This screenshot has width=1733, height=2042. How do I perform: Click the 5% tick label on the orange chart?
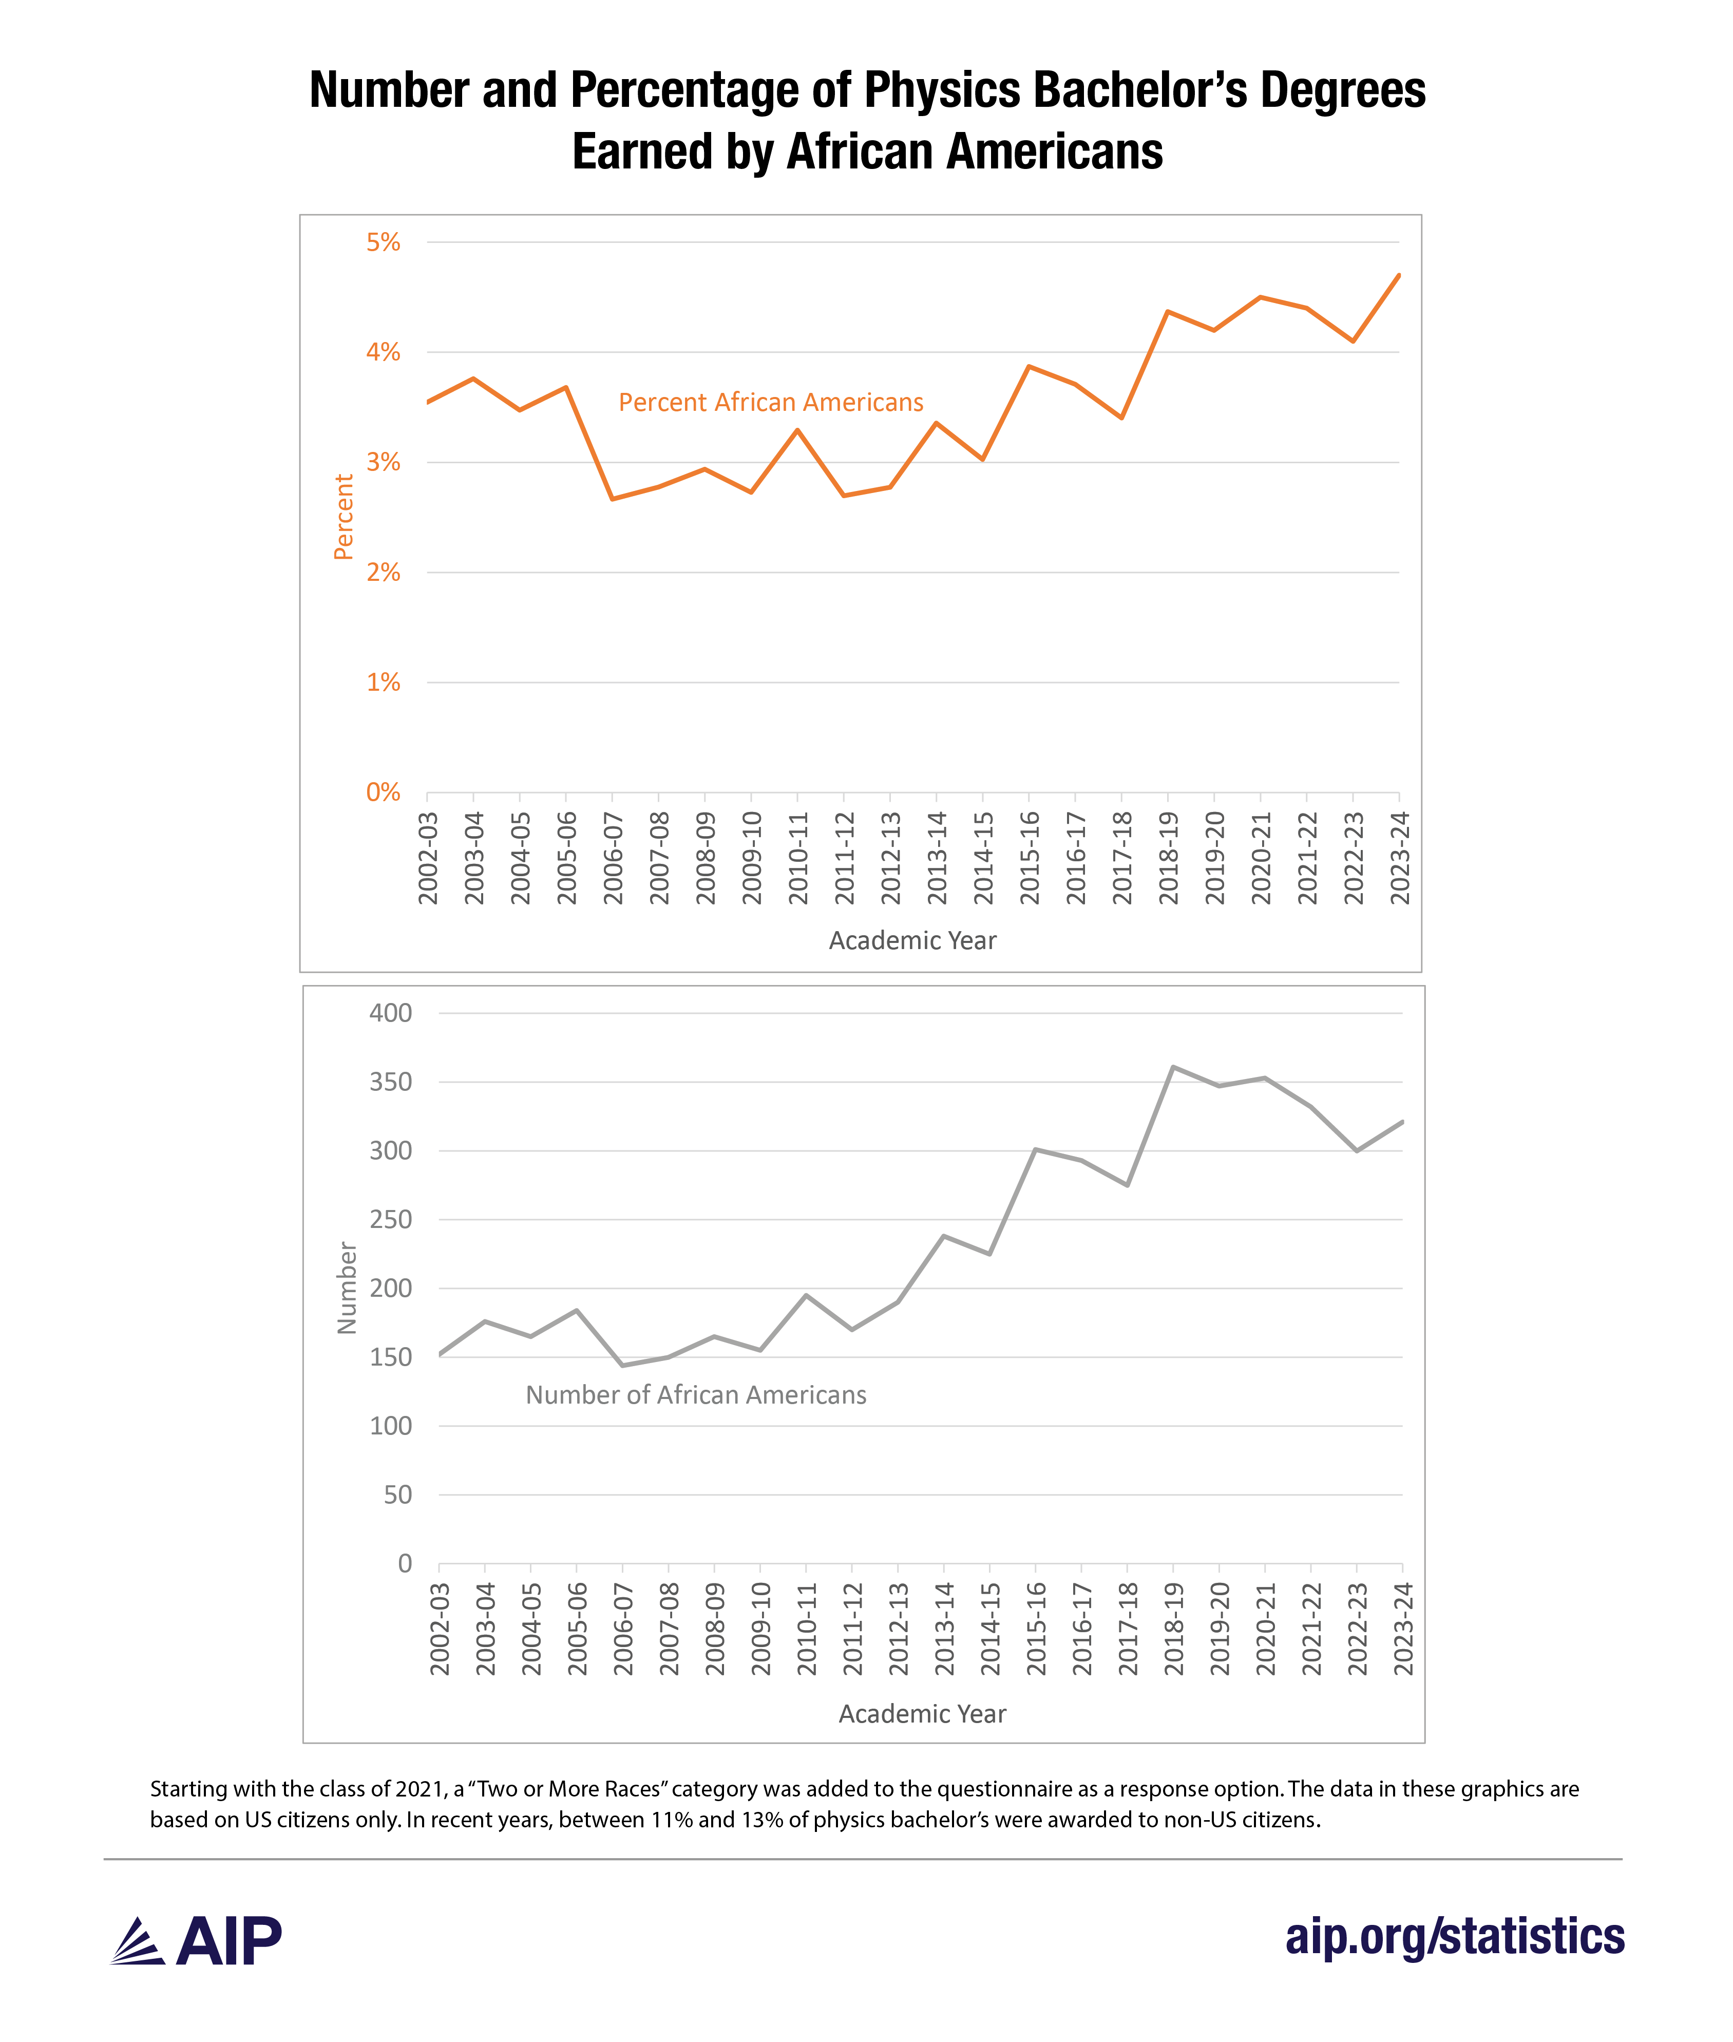click(x=383, y=243)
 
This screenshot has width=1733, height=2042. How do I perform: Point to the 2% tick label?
click(x=383, y=573)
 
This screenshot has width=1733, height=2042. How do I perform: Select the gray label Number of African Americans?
click(x=696, y=1395)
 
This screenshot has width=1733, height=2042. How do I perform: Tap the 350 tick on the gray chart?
click(x=390, y=1082)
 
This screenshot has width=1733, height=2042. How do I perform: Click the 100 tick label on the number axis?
click(x=390, y=1426)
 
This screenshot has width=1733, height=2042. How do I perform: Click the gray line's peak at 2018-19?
click(x=1173, y=1067)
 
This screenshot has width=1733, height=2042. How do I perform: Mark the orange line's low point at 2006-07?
click(x=612, y=499)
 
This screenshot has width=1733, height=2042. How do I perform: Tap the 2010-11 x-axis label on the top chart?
click(x=798, y=858)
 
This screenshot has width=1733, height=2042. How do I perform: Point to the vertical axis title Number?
click(x=347, y=1288)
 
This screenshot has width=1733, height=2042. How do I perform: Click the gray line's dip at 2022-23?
click(x=1357, y=1151)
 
